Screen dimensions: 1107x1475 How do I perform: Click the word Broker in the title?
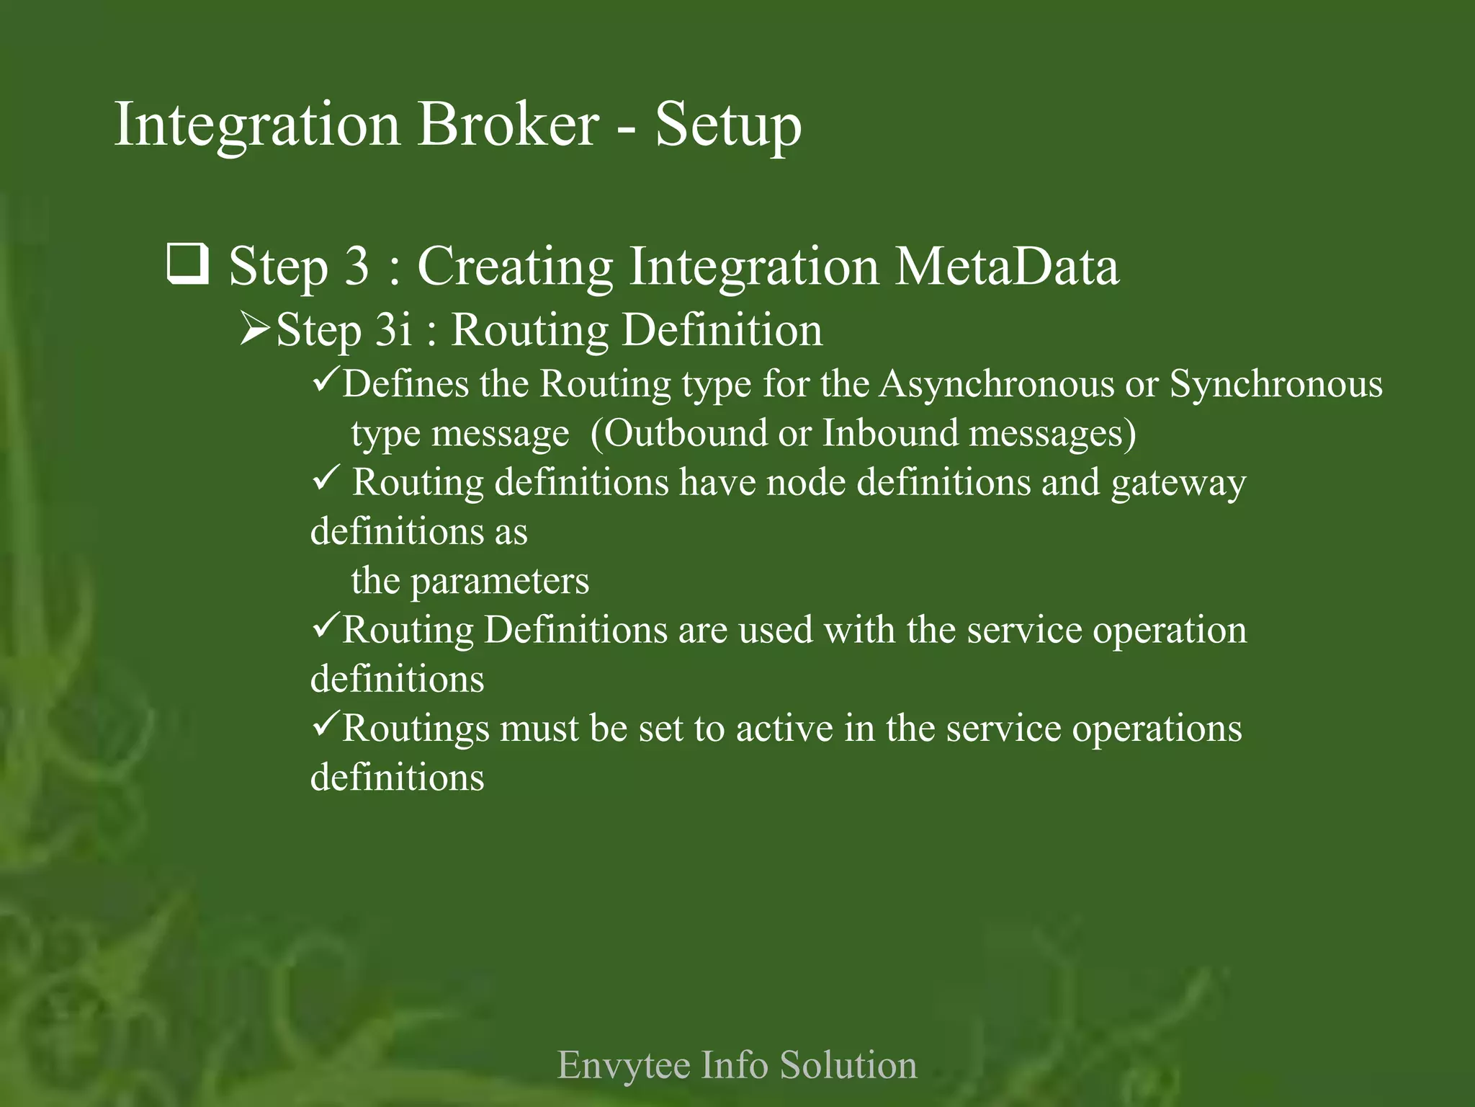508,125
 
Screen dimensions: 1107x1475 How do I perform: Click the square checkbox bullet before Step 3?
188,264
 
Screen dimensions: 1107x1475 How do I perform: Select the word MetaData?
1007,266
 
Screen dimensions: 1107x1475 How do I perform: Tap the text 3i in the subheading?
395,330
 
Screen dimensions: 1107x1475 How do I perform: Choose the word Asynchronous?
996,384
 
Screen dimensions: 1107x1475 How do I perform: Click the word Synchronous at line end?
1276,384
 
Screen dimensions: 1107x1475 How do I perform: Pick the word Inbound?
890,433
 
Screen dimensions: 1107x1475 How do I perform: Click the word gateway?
1178,484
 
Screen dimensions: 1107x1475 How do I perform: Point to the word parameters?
500,582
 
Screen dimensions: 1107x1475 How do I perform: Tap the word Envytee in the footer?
624,1066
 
